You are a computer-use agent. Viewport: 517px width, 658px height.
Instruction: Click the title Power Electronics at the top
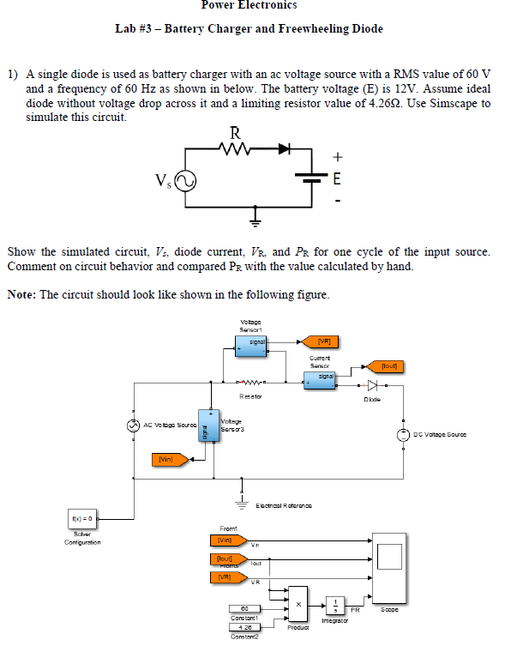pyautogui.click(x=249, y=6)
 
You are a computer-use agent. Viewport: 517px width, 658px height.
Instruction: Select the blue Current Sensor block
pyautogui.click(x=325, y=377)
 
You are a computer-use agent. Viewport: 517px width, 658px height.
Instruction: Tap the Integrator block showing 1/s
pyautogui.click(x=336, y=605)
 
